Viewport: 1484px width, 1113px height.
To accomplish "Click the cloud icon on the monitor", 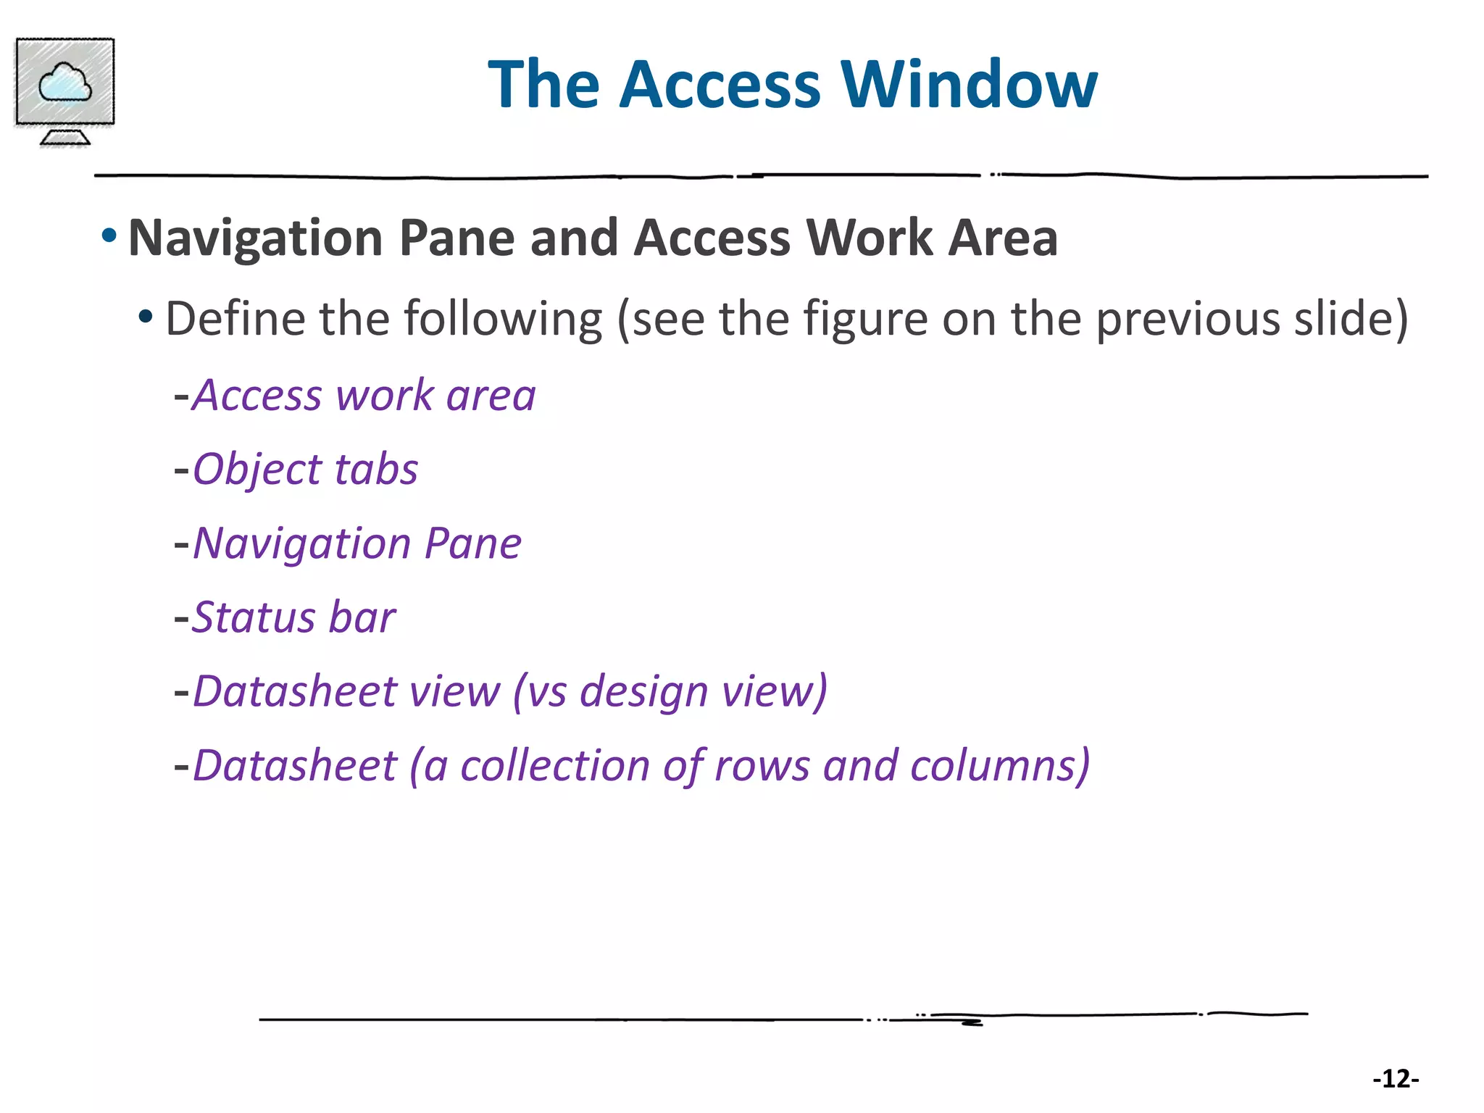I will [64, 82].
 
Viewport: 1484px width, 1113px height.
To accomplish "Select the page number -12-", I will [1396, 1079].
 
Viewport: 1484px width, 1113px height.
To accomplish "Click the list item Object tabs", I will [305, 470].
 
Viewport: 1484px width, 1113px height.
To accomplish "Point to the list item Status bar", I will [293, 617].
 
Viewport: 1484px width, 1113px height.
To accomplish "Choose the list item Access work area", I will [364, 396].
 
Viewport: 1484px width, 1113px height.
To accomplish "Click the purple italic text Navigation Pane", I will [357, 543].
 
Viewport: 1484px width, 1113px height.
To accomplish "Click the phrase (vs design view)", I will [670, 691].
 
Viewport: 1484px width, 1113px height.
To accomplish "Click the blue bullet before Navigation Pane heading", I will [109, 235].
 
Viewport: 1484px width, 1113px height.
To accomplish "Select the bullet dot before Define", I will [146, 316].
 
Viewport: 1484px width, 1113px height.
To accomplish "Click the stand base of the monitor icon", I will [64, 138].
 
